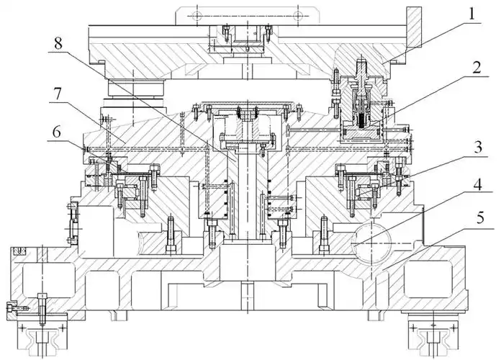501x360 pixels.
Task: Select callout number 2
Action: click(x=477, y=68)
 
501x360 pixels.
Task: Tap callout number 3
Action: click(x=478, y=148)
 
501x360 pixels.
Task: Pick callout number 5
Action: click(x=480, y=219)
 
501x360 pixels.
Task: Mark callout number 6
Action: click(x=57, y=132)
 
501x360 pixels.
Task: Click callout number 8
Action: click(x=58, y=44)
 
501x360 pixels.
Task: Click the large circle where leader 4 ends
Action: click(x=371, y=243)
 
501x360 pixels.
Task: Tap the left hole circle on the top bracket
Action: click(x=197, y=14)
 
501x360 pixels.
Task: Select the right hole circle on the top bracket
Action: click(x=298, y=14)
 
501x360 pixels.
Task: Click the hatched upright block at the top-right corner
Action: click(x=414, y=28)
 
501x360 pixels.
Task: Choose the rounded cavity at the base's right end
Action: click(x=428, y=279)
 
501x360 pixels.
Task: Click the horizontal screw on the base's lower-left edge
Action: click(x=17, y=309)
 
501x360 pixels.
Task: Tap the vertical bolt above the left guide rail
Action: click(x=42, y=308)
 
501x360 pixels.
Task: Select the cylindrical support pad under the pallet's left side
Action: click(x=136, y=87)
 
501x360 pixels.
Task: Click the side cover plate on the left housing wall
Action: click(x=73, y=223)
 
